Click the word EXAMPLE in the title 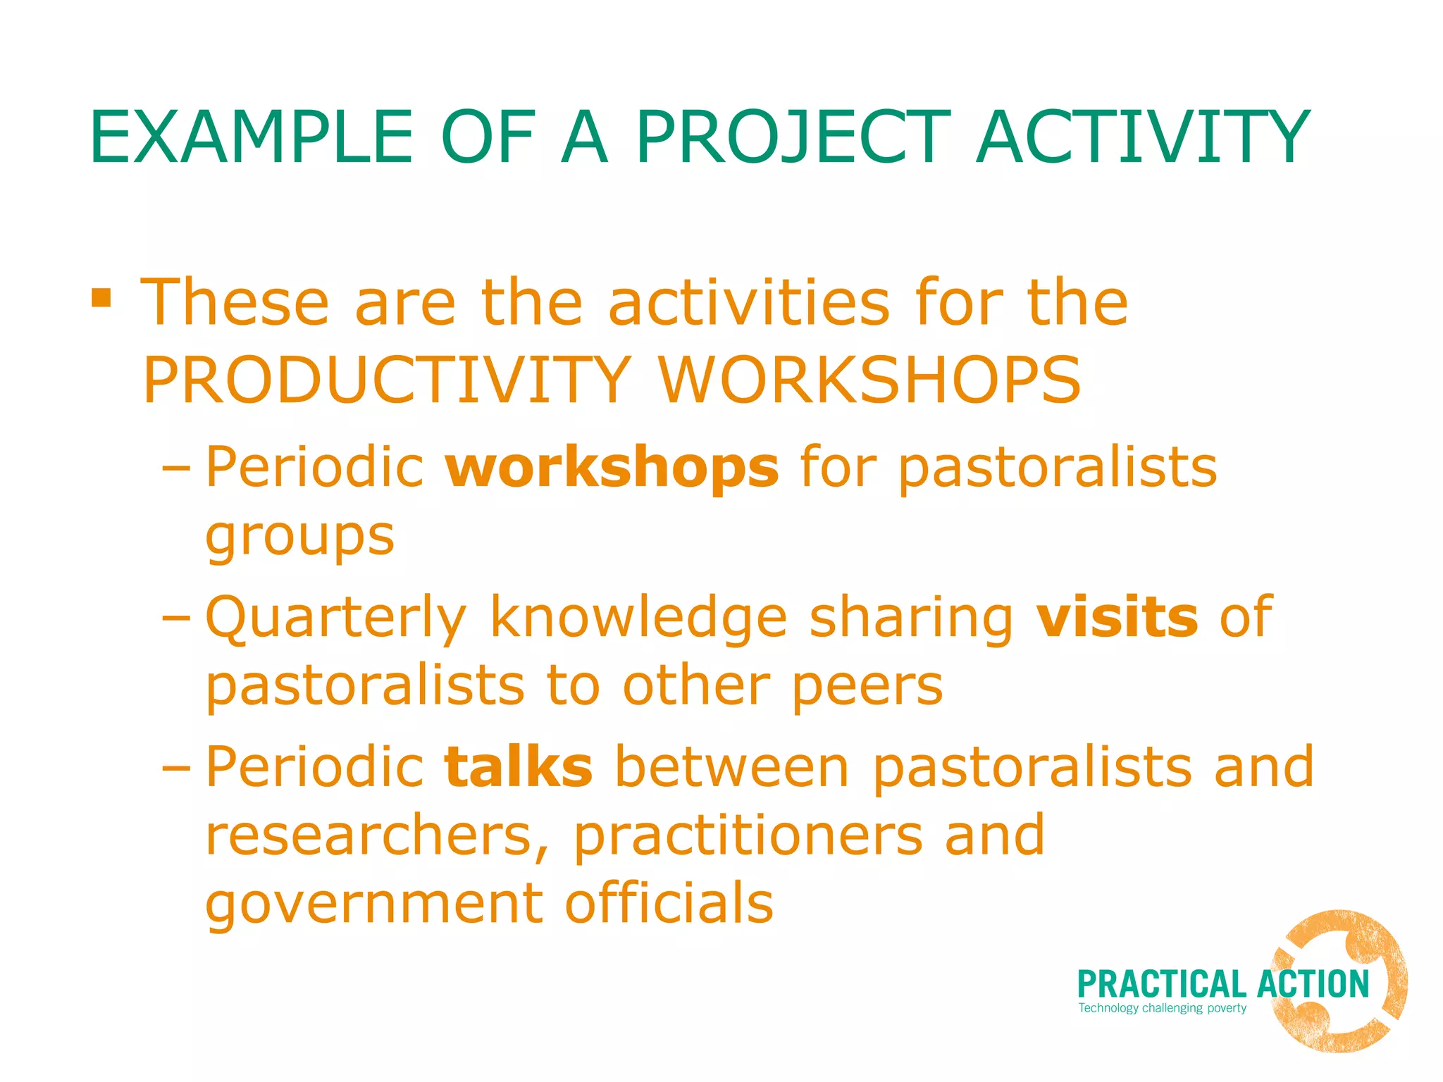251,138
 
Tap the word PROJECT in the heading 793,138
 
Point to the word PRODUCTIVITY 387,380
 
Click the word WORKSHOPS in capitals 869,380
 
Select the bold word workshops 612,468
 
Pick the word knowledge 638,617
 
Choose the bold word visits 1117,617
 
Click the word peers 867,688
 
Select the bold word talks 519,767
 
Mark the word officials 669,903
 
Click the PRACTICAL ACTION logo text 1222,985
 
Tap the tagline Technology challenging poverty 1163,1008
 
